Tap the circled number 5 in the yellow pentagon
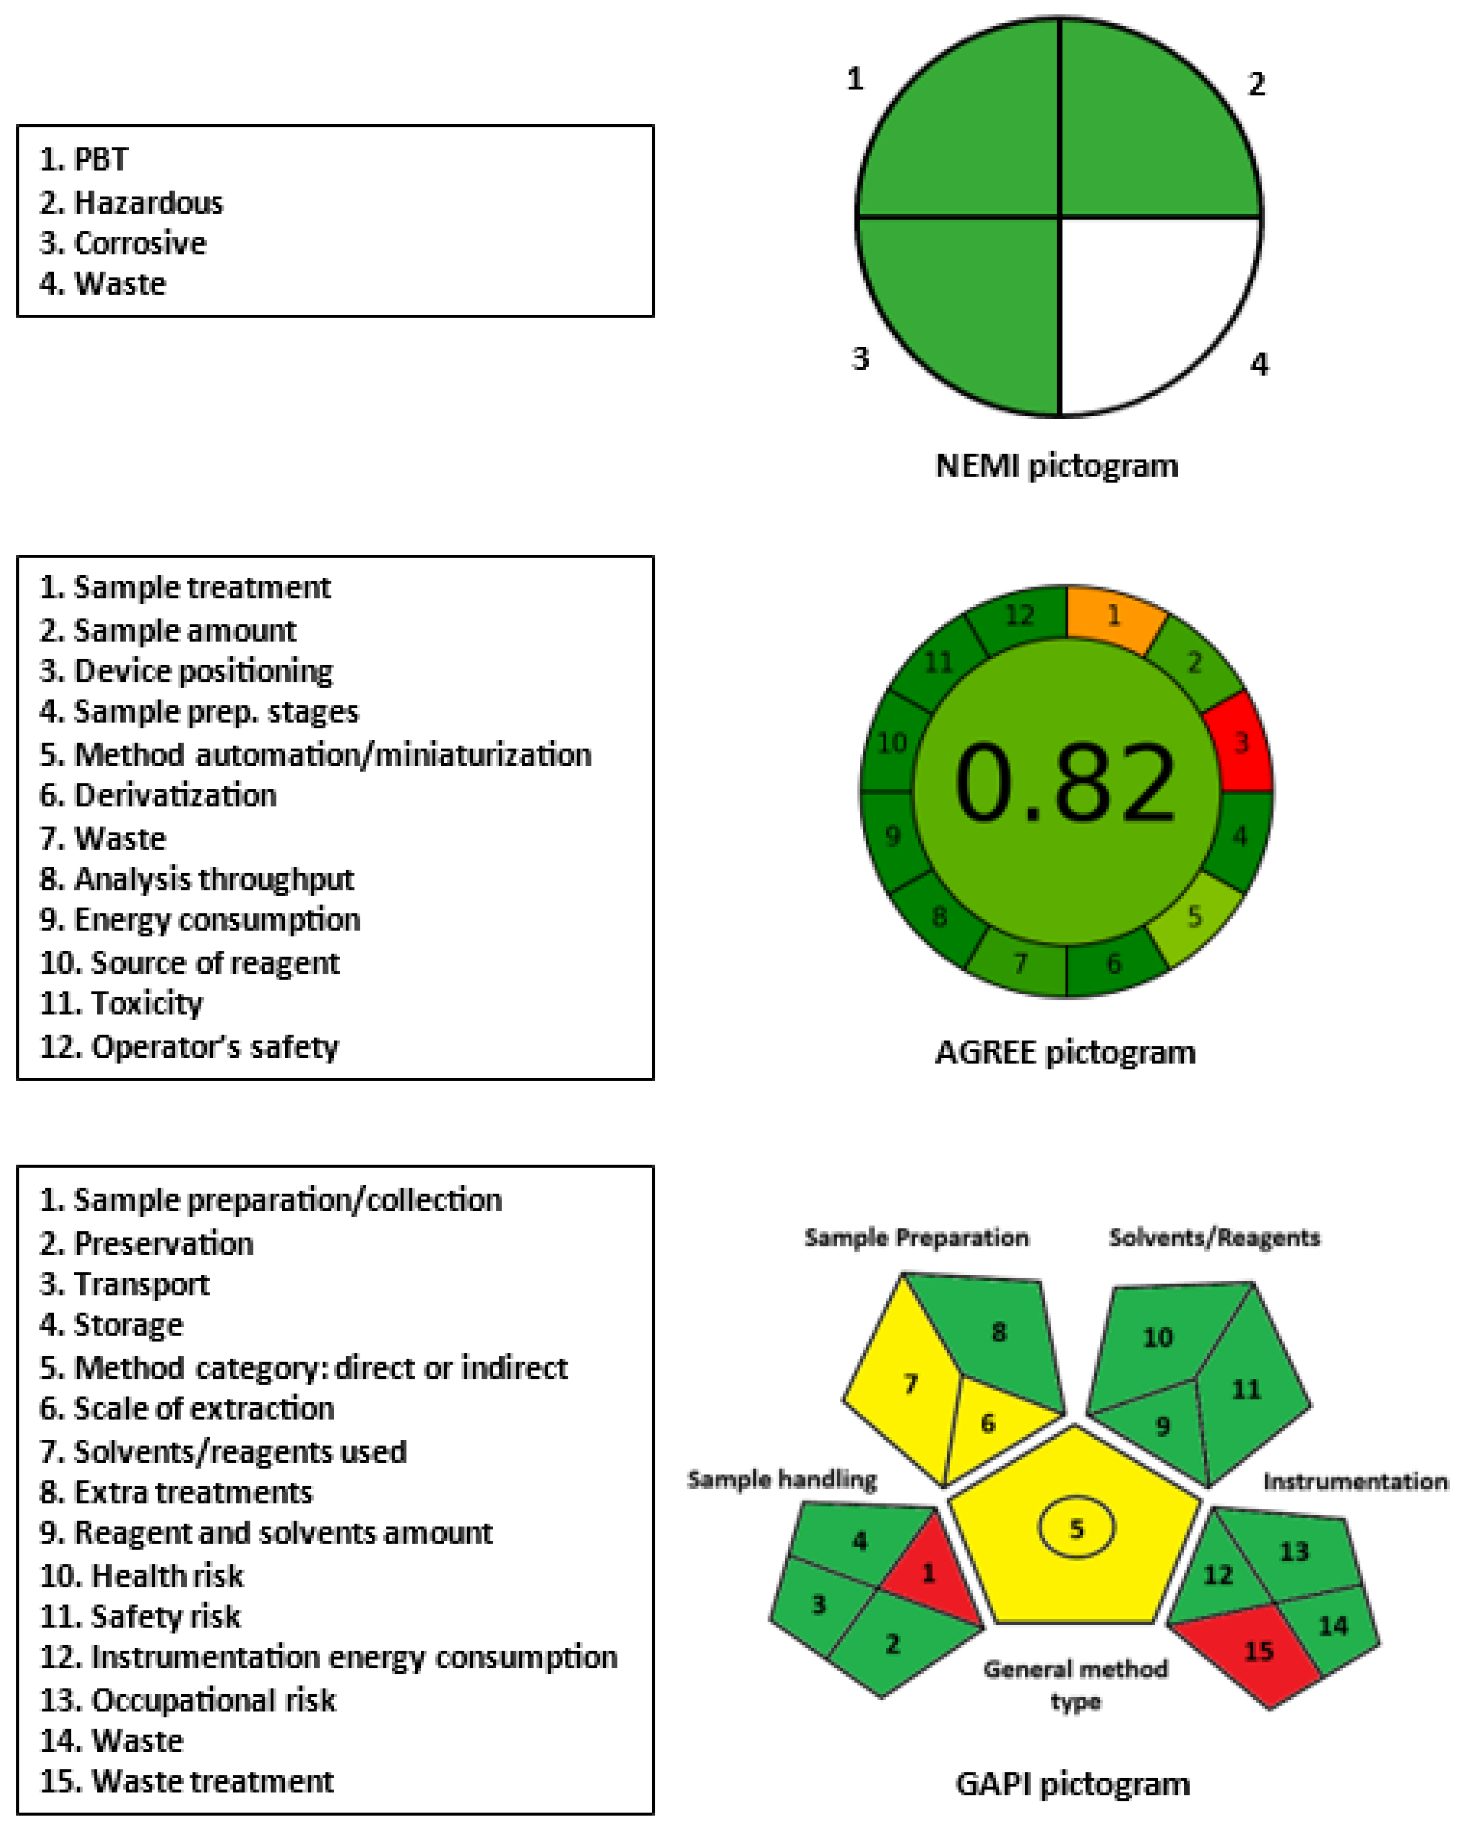pos(1076,1529)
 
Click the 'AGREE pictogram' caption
pos(1065,1053)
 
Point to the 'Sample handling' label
pos(781,1480)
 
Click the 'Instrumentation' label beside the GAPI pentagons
pos(1355,1481)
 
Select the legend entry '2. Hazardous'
pos(132,203)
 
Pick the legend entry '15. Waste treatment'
pos(187,1781)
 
